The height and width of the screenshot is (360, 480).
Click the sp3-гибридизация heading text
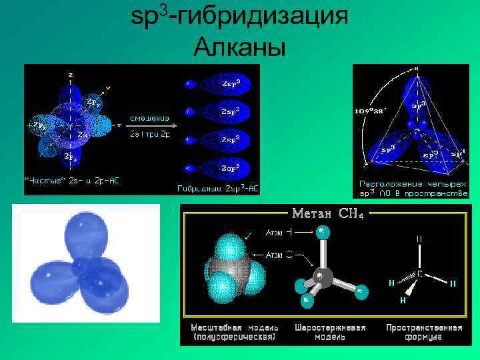239,17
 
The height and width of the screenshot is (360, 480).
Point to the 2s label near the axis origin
83,134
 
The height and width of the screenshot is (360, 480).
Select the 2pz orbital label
71,158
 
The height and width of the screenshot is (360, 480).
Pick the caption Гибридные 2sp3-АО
217,188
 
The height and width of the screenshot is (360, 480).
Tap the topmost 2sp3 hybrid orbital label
231,84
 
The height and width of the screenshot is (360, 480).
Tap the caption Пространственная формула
423,332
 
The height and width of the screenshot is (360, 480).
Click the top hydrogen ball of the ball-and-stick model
323,231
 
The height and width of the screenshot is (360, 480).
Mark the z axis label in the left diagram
71,74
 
